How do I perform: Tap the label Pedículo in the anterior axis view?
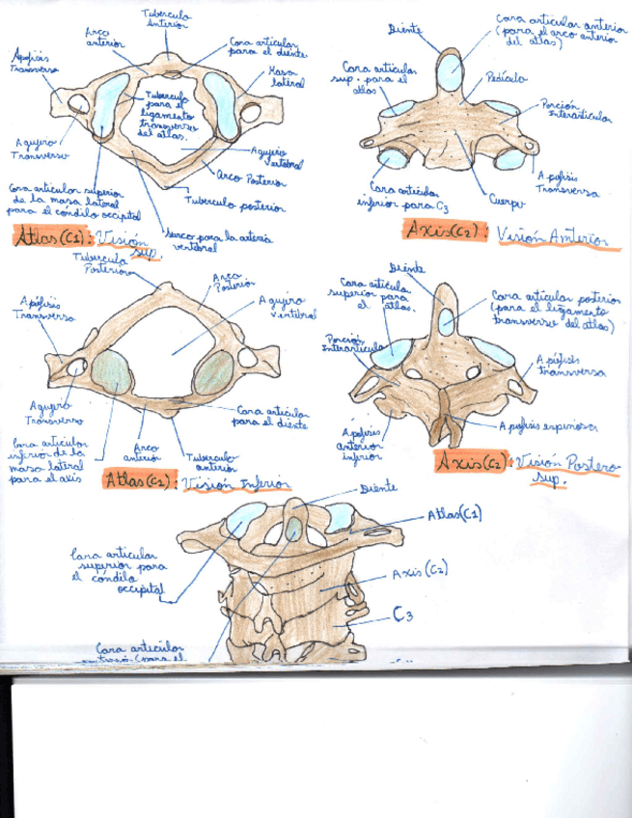[x=507, y=77]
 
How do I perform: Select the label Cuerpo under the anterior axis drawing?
[x=506, y=203]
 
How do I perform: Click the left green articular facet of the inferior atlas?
[x=113, y=371]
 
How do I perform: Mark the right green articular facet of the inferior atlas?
[x=213, y=371]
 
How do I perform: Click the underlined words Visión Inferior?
[x=236, y=483]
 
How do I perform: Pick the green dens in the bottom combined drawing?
[x=293, y=529]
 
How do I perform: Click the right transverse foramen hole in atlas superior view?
[x=250, y=113]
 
